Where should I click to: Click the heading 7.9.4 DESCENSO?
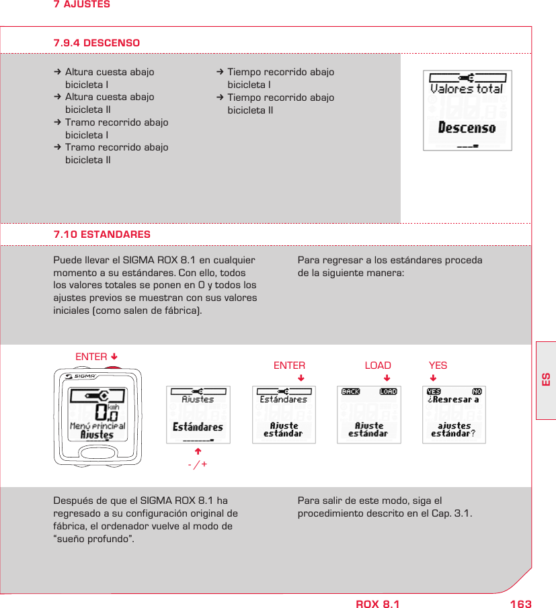97,43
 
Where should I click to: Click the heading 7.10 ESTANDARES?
102,234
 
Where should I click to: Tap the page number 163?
520,604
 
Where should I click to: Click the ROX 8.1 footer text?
377,604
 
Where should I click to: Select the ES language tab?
546,379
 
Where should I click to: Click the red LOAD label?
378,365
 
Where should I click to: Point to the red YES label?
438,365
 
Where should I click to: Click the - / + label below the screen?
198,464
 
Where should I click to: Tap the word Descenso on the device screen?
467,128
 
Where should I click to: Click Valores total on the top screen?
467,89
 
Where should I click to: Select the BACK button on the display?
350,392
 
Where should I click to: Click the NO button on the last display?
477,392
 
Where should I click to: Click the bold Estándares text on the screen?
198,427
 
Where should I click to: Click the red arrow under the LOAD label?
387,378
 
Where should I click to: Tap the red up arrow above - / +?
198,451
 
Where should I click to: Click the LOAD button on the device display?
388,392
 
